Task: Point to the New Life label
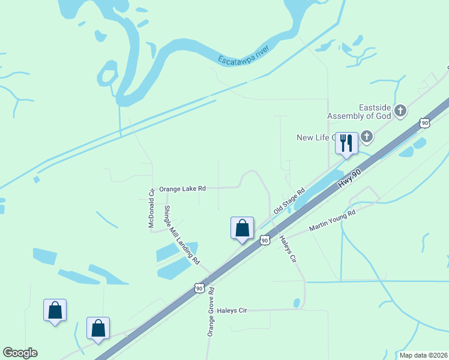coord(315,137)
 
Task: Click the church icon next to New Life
coord(366,137)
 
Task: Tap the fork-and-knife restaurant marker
coord(346,142)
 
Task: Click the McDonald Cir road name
coord(152,208)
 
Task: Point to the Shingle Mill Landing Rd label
coord(182,235)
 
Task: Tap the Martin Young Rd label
coord(332,220)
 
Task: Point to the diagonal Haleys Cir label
coord(288,248)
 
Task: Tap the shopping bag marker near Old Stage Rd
coord(242,228)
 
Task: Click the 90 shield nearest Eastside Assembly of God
coord(425,123)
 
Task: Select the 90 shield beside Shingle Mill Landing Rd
coord(199,289)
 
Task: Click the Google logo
coord(20,353)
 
